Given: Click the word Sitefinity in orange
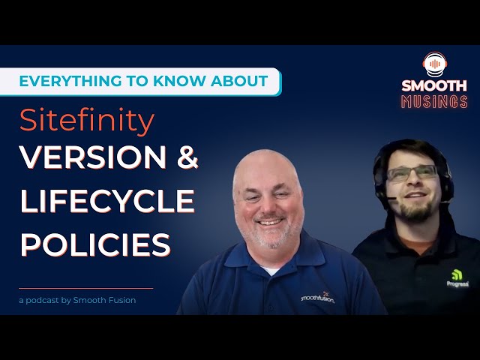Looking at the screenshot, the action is [x=87, y=120].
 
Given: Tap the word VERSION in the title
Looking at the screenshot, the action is [x=93, y=157].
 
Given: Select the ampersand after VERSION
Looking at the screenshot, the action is [x=187, y=157].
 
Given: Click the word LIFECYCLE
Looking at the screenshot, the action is [x=107, y=201].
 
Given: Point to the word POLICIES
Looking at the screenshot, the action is [x=95, y=244].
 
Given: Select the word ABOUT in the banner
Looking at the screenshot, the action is [x=239, y=81].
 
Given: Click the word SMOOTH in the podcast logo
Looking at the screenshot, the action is [x=434, y=85].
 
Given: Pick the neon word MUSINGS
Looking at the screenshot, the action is [x=434, y=102].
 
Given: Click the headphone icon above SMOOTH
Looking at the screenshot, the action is [x=435, y=64].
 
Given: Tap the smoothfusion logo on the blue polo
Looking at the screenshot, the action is [x=317, y=298].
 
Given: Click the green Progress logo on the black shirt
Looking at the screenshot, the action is [x=457, y=278].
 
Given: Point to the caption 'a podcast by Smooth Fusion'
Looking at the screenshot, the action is [x=77, y=300].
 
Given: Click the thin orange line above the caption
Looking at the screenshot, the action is [x=86, y=288].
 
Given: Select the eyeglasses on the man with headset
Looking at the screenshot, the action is [x=412, y=172].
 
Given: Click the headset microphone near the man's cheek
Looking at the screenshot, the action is [x=391, y=198].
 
